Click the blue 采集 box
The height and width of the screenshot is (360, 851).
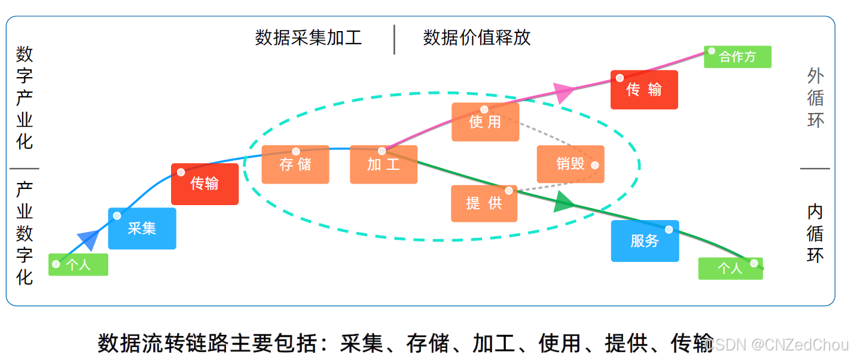tap(142, 228)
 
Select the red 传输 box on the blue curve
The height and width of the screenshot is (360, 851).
tap(205, 184)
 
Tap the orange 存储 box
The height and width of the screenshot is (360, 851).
tap(295, 164)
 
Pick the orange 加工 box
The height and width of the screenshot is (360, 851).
tap(383, 164)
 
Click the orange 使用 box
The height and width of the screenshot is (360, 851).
tap(485, 122)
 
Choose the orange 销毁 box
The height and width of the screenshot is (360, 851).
tap(571, 164)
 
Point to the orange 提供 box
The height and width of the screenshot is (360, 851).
tap(484, 203)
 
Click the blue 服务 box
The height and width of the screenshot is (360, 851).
tap(645, 241)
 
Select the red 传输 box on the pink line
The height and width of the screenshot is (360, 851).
tap(644, 90)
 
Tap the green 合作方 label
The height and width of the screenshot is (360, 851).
tap(737, 57)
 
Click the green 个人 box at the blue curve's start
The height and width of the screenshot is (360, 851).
tap(78, 265)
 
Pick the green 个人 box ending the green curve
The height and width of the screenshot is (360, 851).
tap(730, 269)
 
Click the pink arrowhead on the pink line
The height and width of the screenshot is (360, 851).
tap(563, 92)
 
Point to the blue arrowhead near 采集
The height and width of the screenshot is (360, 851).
tap(89, 239)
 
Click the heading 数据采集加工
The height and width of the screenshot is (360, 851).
tap(309, 38)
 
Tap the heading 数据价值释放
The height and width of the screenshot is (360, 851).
tap(477, 38)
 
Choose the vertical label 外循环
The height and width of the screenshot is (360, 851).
tap(816, 98)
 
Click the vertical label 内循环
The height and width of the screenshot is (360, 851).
tap(815, 233)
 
